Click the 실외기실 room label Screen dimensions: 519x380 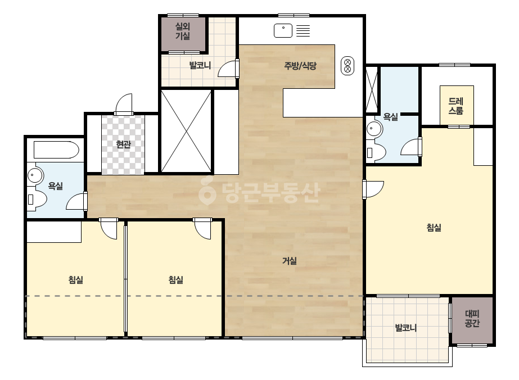click(x=183, y=31)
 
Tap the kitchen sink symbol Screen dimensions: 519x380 click(x=283, y=30)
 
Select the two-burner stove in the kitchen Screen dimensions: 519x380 click(x=347, y=66)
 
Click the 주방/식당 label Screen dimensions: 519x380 click(x=300, y=66)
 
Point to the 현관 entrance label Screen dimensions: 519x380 click(x=124, y=144)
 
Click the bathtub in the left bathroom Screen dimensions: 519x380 click(x=56, y=150)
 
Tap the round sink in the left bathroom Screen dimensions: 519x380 click(x=35, y=175)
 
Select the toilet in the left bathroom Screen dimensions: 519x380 click(x=37, y=198)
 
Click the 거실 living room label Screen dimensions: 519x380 click(x=289, y=261)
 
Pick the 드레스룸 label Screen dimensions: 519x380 click(x=456, y=106)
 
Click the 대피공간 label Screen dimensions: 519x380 click(x=472, y=318)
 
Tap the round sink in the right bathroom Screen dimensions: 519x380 click(x=374, y=128)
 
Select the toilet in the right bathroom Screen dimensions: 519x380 click(x=376, y=152)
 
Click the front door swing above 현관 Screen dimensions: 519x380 click(x=124, y=105)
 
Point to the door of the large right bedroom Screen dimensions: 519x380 click(x=373, y=189)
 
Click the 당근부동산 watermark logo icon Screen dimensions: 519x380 click(x=207, y=191)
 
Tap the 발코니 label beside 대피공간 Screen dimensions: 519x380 click(x=406, y=328)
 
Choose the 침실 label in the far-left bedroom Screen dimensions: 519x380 click(x=76, y=280)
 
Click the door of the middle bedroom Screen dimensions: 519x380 click(x=202, y=228)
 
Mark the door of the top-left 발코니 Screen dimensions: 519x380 click(x=228, y=69)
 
